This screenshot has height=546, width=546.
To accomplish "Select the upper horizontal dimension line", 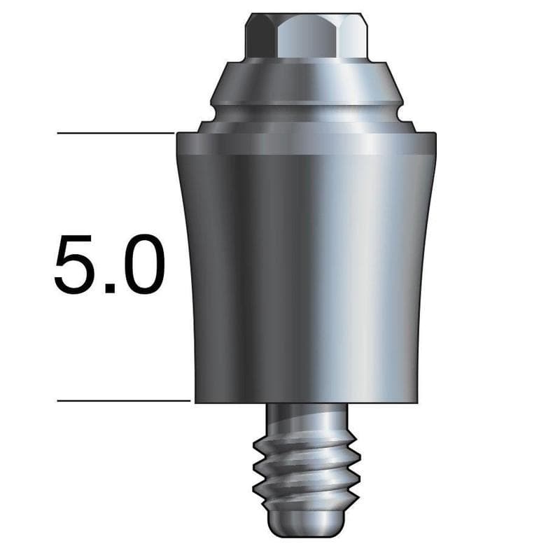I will tap(115, 132).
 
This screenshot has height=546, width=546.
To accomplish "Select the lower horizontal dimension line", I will tap(123, 401).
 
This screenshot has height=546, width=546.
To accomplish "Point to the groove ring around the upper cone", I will tap(305, 111).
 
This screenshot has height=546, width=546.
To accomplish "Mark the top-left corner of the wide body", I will tap(177, 134).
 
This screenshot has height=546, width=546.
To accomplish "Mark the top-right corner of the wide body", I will tap(435, 134).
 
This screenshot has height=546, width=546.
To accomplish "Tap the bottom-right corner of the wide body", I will tap(418, 402).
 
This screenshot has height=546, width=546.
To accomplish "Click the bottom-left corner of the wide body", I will tap(195, 402).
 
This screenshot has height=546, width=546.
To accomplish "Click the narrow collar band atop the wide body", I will tap(305, 143).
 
